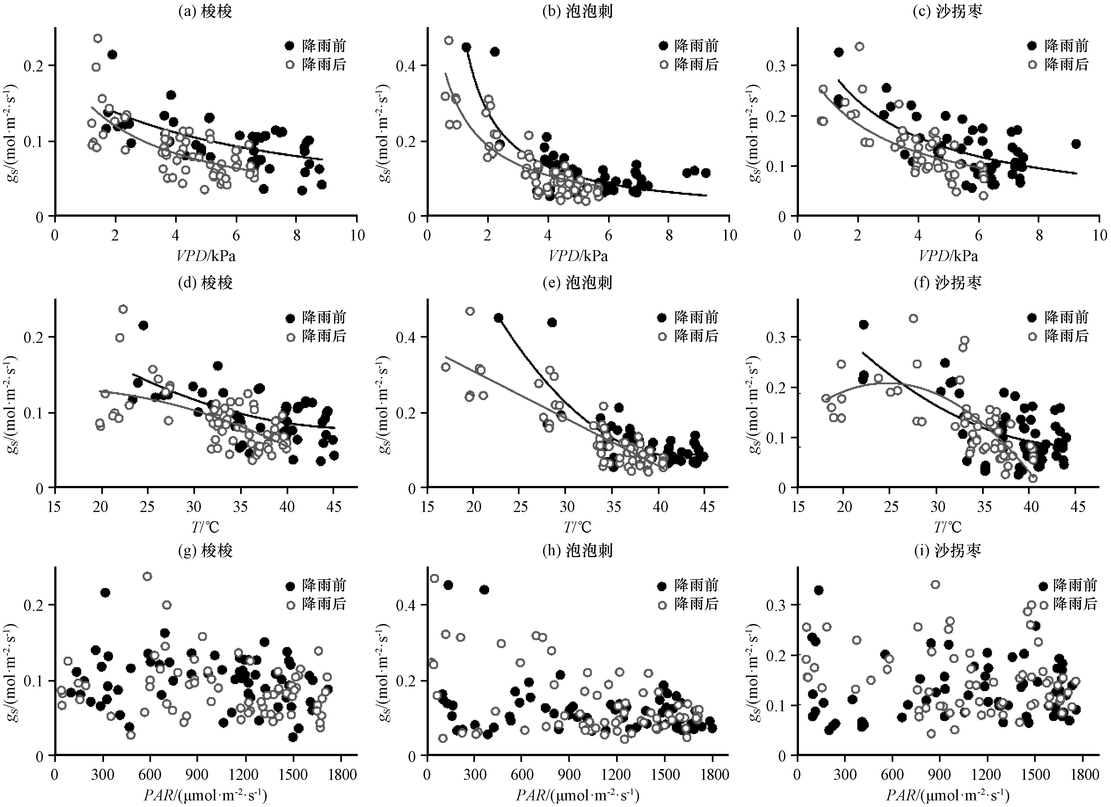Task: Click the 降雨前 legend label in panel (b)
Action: [696, 46]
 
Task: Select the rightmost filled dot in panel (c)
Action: [1076, 144]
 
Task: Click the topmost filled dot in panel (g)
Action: [105, 593]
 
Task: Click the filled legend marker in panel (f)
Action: [1032, 317]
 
